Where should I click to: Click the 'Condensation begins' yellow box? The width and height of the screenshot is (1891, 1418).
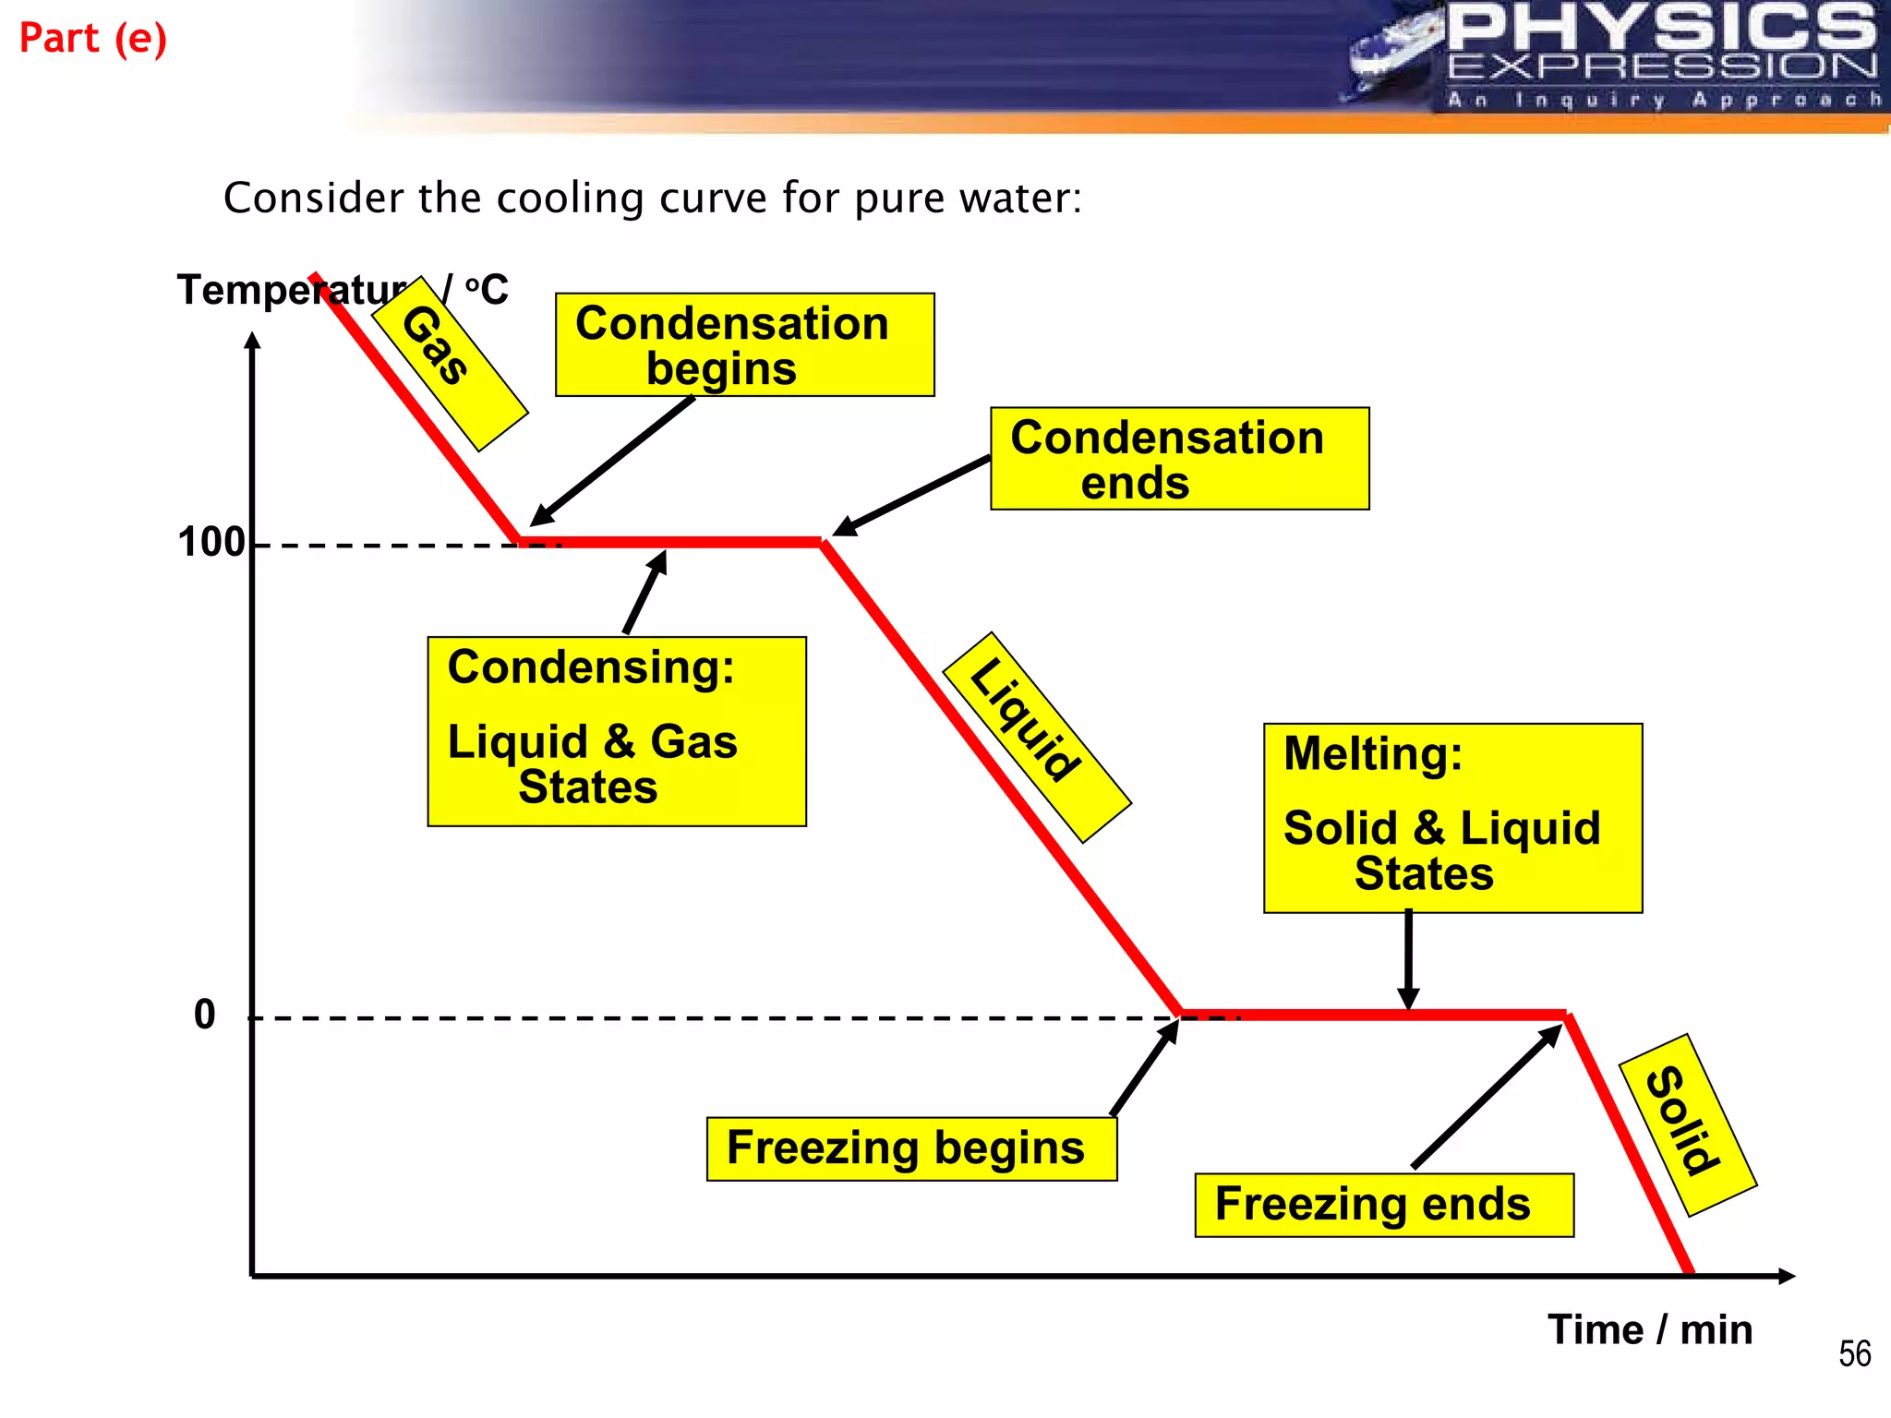tap(744, 344)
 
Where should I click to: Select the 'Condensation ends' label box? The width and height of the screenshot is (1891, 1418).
tap(1179, 459)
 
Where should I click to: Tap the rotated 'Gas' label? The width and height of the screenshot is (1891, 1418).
tap(449, 364)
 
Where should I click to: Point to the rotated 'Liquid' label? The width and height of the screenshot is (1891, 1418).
tap(1036, 737)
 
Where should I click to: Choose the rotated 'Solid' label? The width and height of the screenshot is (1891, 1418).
tap(1687, 1124)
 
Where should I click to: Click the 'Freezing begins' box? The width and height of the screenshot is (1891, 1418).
tap(911, 1148)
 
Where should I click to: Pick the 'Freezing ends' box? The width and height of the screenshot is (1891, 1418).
tap(1383, 1205)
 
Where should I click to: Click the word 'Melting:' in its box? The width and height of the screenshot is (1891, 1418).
tap(1373, 753)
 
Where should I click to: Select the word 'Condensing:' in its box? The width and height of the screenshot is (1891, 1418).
tap(591, 667)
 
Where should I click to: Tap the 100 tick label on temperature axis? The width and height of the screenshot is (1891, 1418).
tap(211, 543)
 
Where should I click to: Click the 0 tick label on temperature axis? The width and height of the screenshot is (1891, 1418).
tap(205, 1015)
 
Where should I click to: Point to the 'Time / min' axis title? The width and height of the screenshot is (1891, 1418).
tap(1650, 1330)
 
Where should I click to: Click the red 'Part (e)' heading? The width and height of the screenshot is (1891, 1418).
tap(93, 39)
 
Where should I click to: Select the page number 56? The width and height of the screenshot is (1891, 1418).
tap(1854, 1354)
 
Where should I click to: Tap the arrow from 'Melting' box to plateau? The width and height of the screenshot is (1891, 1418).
tap(1408, 960)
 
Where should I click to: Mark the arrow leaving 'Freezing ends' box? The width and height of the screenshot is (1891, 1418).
tap(1487, 1096)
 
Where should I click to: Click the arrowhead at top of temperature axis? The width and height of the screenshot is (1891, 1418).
tap(253, 340)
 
